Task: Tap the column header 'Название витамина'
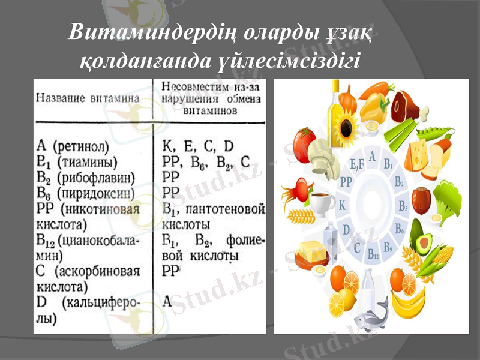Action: (88, 97)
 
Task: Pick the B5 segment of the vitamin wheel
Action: (403, 205)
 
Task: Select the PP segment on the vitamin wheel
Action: (346, 181)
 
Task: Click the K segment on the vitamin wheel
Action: (343, 205)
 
